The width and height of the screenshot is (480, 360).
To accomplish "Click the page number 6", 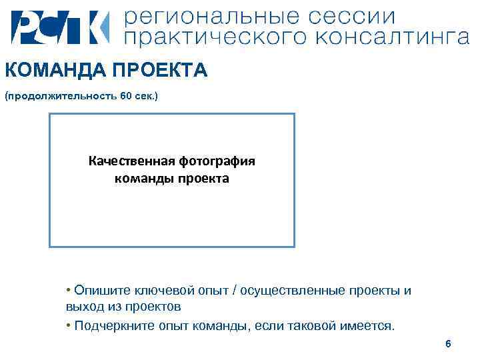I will click(448, 344).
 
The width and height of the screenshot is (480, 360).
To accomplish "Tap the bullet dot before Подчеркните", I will click(69, 325).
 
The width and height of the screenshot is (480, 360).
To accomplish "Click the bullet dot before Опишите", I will click(69, 290).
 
